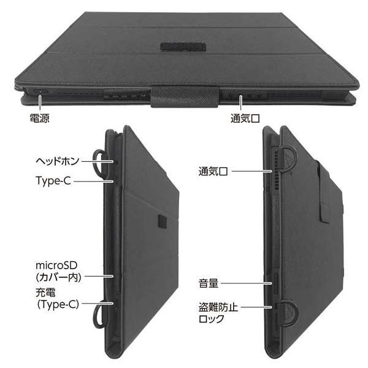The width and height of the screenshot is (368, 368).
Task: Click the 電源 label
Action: pyautogui.click(x=39, y=118)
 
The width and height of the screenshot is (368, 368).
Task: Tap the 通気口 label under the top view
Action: pyautogui.click(x=245, y=118)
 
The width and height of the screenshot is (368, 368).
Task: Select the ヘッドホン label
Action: pyautogui.click(x=58, y=161)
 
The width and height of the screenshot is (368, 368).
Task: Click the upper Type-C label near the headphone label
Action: pyautogui.click(x=53, y=181)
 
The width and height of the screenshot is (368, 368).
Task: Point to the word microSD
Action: pyautogui.click(x=56, y=265)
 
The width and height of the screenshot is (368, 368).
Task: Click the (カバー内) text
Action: pyautogui.click(x=59, y=277)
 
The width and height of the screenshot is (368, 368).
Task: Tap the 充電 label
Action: pyautogui.click(x=45, y=293)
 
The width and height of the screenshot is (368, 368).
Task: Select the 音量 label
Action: pyautogui.click(x=209, y=283)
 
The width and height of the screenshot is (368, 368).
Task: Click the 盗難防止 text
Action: pyautogui.click(x=218, y=307)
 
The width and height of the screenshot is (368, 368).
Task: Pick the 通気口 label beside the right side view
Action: pyautogui.click(x=213, y=171)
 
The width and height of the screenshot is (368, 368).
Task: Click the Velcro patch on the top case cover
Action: pyautogui.click(x=183, y=47)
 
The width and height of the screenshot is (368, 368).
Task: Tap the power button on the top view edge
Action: pyautogui.click(x=40, y=91)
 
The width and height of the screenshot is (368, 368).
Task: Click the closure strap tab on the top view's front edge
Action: pyautogui.click(x=185, y=97)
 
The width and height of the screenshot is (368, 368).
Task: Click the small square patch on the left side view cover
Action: pyautogui.click(x=163, y=221)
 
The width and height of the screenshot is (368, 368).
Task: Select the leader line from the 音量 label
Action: pyautogui.click(x=247, y=283)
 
